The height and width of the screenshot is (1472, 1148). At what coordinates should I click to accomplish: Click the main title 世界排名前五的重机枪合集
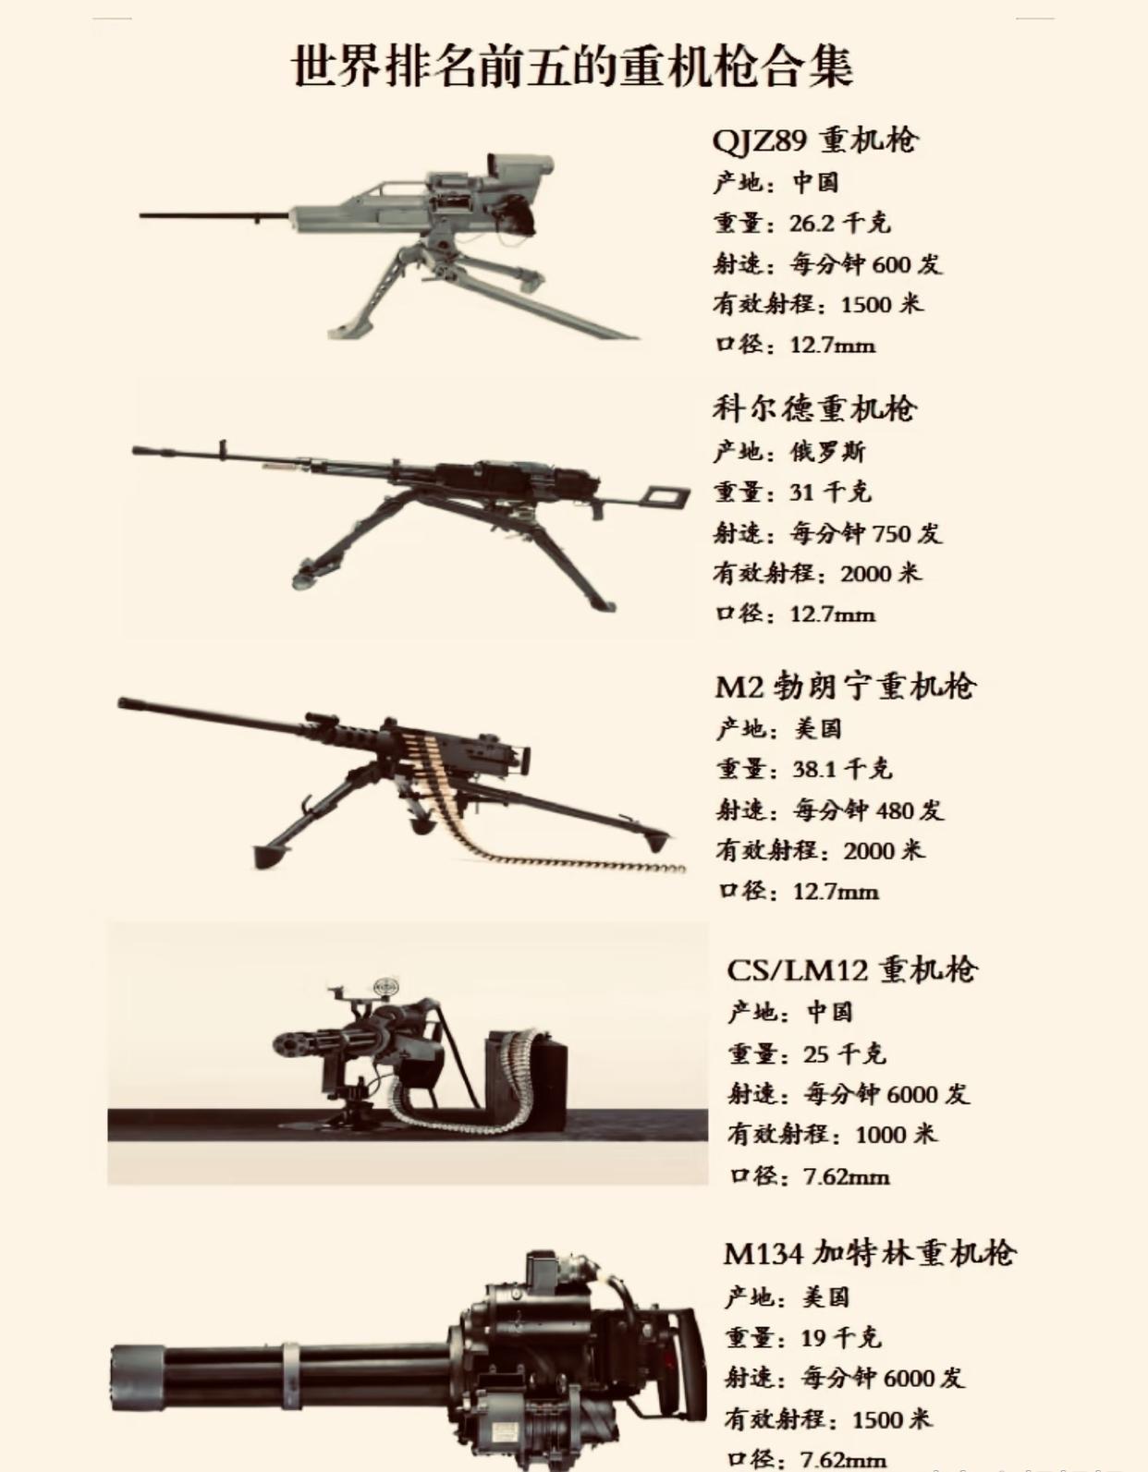[572, 66]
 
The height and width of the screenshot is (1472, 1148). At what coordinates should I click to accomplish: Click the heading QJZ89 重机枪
[814, 140]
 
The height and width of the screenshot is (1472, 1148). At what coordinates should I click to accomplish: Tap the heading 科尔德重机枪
[813, 408]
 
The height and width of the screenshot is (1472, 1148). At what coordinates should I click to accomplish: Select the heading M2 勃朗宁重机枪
[845, 687]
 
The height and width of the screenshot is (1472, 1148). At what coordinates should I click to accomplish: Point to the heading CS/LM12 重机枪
[851, 969]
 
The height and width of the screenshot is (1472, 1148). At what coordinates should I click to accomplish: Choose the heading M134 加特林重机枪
[869, 1254]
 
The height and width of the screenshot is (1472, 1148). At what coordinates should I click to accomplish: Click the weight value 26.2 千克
[839, 223]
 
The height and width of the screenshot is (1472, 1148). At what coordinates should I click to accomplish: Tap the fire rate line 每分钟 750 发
[865, 533]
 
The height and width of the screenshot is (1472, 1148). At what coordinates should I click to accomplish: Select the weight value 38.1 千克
[841, 769]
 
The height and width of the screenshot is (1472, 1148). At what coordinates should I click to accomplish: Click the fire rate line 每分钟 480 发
[868, 810]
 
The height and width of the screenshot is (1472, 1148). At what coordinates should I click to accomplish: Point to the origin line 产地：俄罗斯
[789, 451]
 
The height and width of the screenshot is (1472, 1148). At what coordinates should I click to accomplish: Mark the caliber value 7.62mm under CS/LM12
[846, 1176]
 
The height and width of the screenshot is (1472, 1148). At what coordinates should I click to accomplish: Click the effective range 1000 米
[896, 1134]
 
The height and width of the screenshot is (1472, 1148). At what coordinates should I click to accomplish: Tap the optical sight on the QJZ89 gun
[518, 169]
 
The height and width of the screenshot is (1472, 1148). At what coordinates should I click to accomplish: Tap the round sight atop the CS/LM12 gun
[386, 987]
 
